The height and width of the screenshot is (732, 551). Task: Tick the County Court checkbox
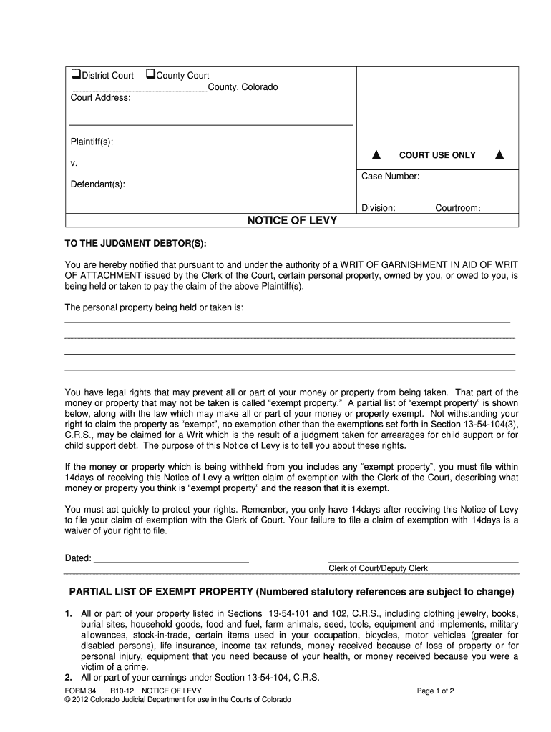[x=150, y=75]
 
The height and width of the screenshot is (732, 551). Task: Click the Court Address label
[x=100, y=98]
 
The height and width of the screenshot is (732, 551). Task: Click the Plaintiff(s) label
[x=92, y=142]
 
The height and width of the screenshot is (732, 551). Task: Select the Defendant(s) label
[x=97, y=185]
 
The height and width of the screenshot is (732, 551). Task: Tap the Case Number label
[x=390, y=177]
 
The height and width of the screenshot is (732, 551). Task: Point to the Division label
[x=378, y=208]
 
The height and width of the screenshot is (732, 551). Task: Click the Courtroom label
[x=457, y=208]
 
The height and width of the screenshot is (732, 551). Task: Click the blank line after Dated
[x=171, y=558]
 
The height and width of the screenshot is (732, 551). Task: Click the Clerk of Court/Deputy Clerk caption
[x=378, y=568]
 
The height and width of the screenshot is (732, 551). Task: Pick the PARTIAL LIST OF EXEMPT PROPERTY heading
[x=291, y=592]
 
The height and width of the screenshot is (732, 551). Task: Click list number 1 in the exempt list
[x=69, y=614]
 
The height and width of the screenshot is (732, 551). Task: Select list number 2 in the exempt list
[x=69, y=678]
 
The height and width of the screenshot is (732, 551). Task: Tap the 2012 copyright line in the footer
[x=177, y=700]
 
